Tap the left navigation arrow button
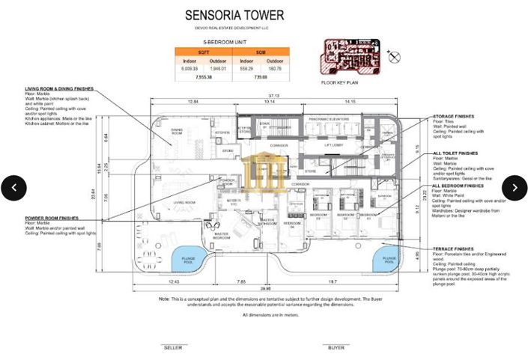(13, 187)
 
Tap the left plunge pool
(185, 260)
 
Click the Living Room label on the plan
(184, 202)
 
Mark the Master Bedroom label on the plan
(222, 237)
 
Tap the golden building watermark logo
(262, 171)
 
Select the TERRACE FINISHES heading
(453, 248)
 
